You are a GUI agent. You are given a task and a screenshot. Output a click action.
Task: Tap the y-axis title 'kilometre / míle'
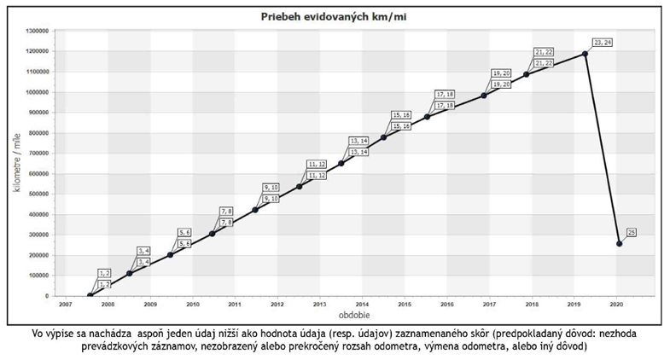point(17,163)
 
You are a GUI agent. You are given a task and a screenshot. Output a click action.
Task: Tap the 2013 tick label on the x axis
point(319,303)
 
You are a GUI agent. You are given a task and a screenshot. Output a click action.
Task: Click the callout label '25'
point(632,231)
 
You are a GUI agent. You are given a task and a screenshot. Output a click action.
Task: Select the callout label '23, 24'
point(603,42)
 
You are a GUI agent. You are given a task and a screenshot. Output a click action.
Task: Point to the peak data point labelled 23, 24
point(586,54)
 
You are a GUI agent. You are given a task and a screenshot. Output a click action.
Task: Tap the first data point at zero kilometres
point(90,295)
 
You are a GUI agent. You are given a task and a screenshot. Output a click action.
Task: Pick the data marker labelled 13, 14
point(341,163)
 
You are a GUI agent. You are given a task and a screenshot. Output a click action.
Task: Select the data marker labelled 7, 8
point(213,234)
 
